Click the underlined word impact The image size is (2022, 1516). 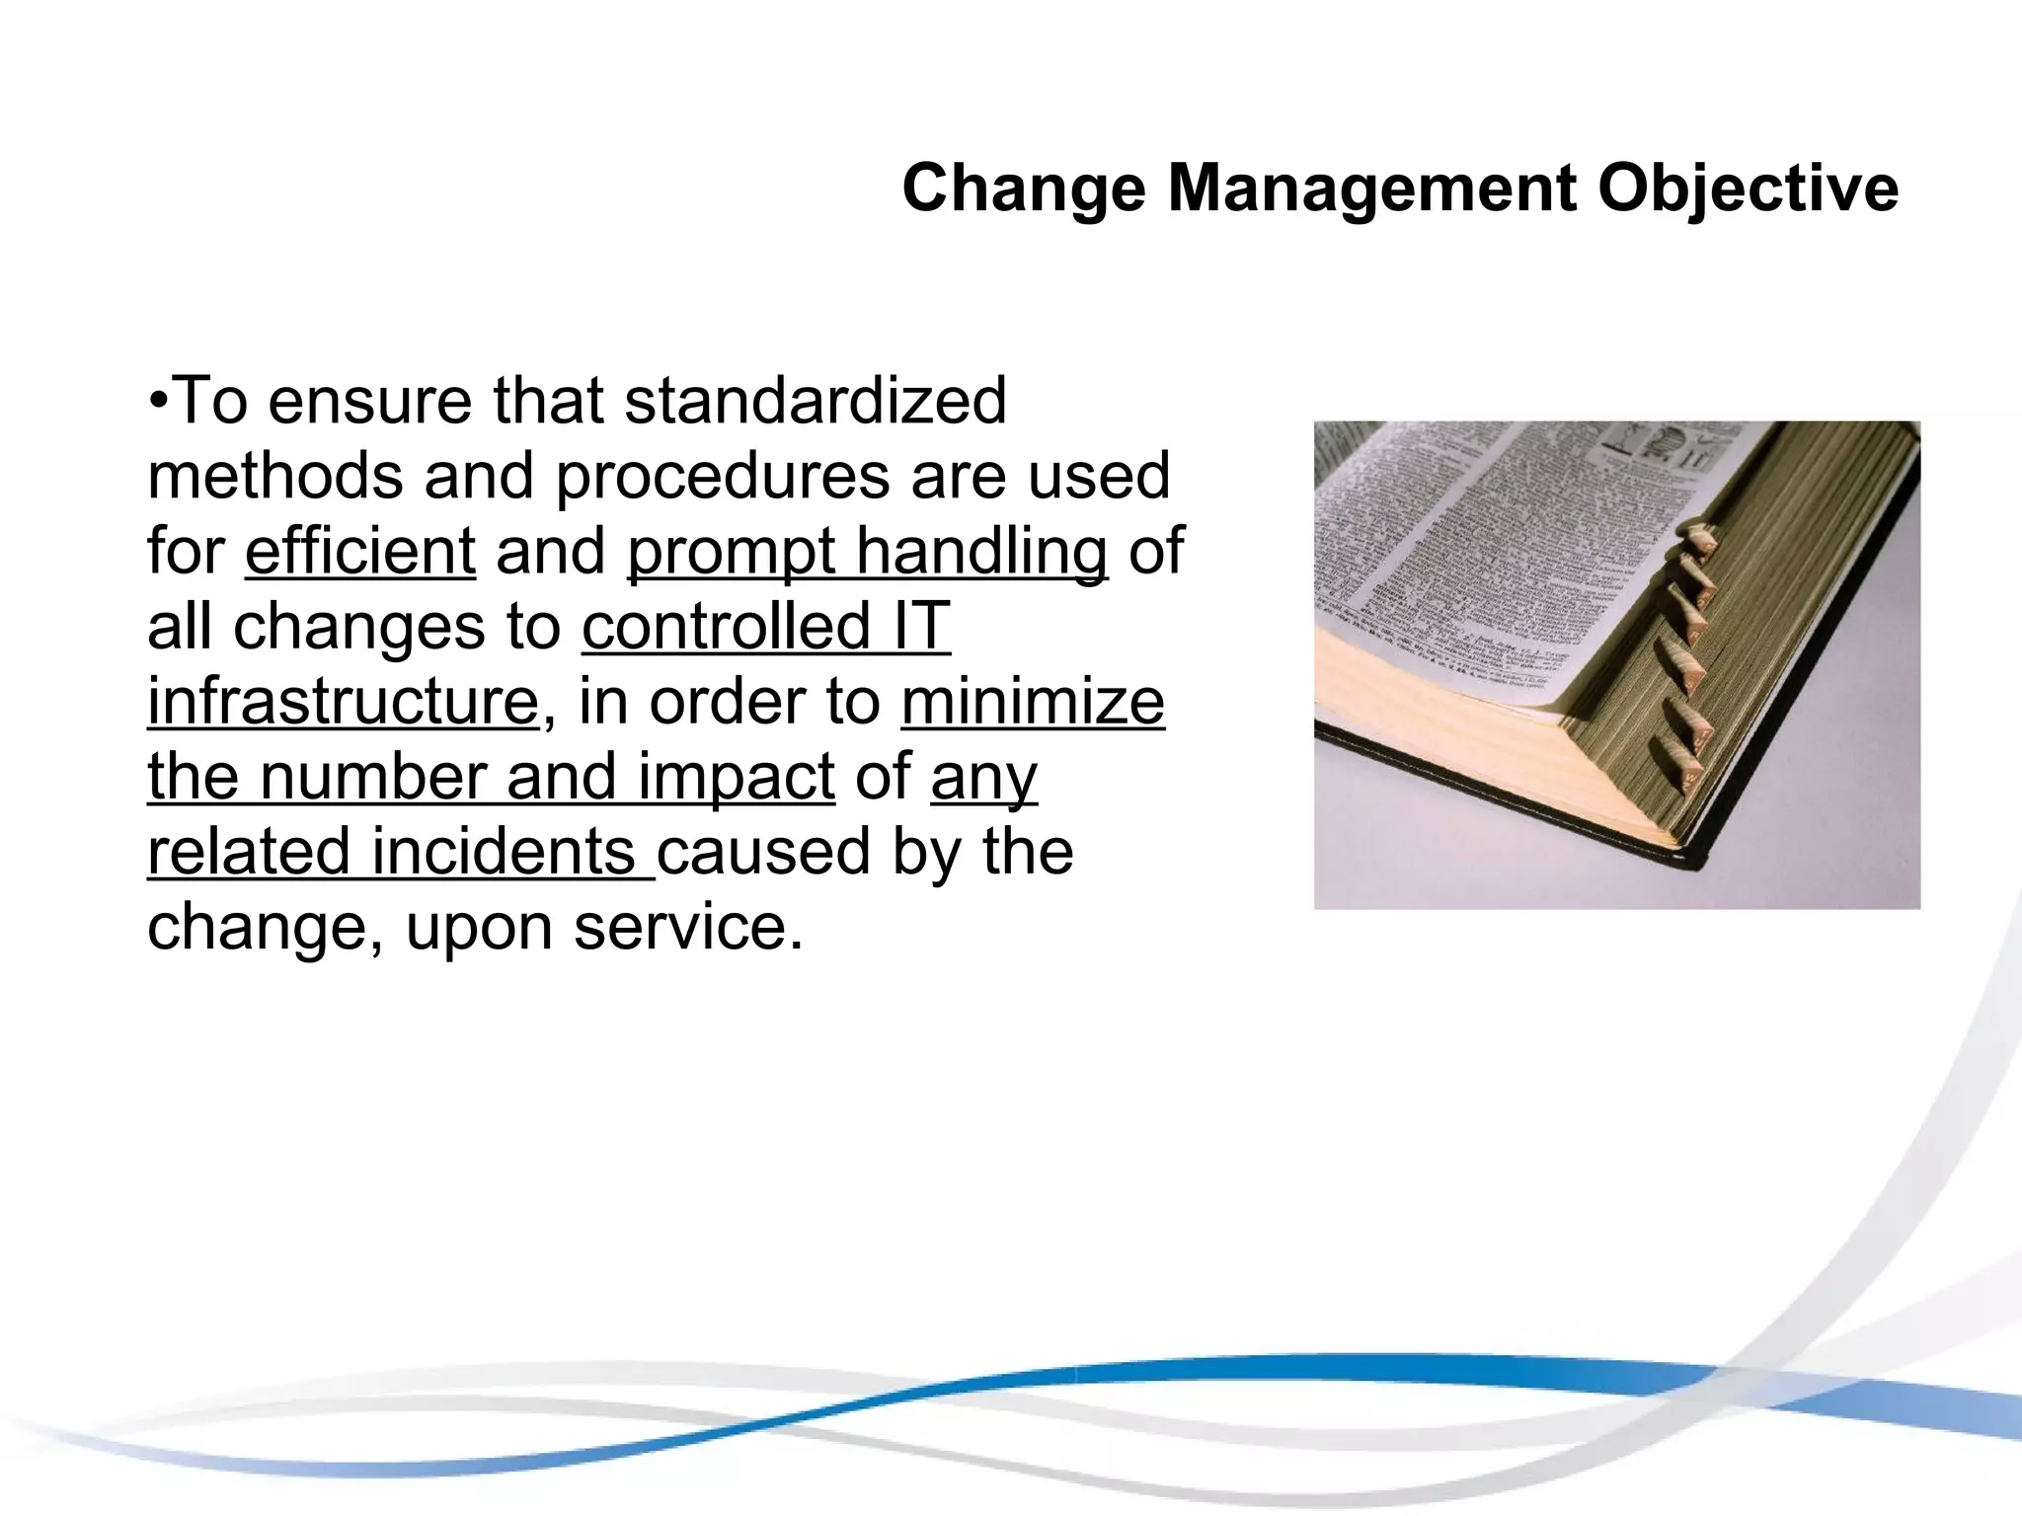pos(737,778)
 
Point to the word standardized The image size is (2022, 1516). pos(816,401)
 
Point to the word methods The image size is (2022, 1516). pos(275,476)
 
